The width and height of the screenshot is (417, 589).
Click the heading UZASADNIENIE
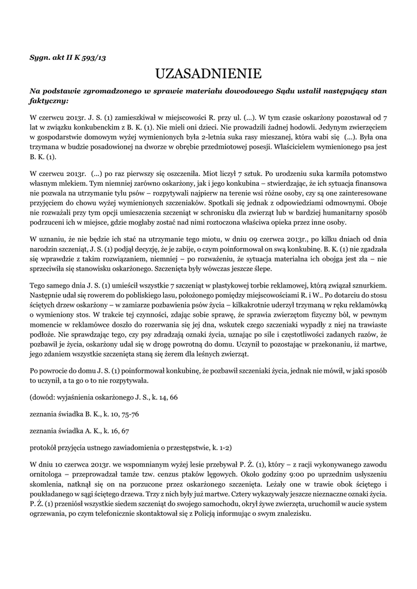(x=208, y=74)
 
